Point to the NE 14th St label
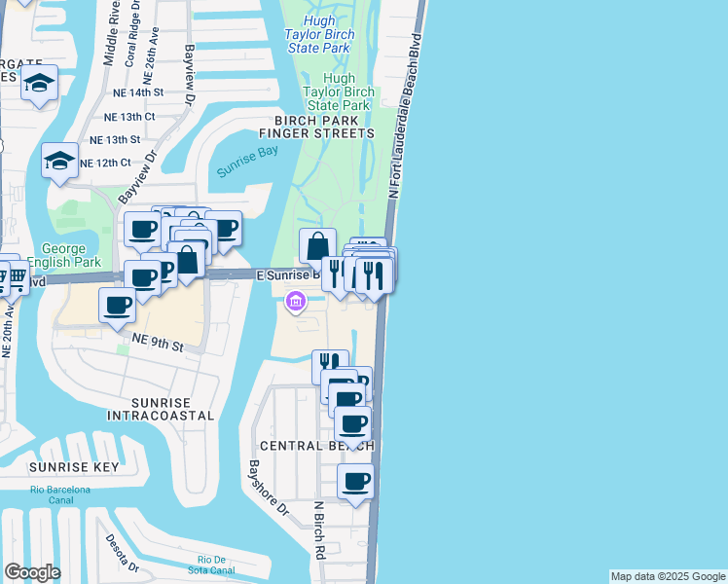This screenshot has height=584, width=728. (135, 91)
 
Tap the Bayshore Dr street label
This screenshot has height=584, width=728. (269, 488)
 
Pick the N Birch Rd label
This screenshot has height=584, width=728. (319, 530)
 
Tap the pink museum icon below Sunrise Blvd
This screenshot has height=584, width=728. (296, 305)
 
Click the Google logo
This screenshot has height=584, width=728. (33, 572)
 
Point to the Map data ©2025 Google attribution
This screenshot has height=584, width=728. (667, 576)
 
